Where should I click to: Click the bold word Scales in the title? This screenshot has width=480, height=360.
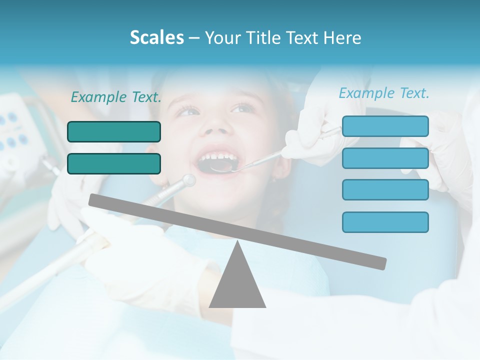click(157, 38)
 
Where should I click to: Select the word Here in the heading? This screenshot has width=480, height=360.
click(342, 38)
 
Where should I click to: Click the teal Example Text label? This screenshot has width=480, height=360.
click(116, 97)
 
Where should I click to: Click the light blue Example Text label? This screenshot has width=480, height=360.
click(384, 93)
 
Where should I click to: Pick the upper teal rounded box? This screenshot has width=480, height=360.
click(114, 131)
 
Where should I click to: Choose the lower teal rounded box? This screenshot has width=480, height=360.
click(114, 163)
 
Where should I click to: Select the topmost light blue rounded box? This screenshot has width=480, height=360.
click(385, 126)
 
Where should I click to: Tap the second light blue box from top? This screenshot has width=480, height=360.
click(385, 158)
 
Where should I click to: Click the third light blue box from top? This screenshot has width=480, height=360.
click(385, 190)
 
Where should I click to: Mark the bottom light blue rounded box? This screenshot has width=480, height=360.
click(385, 222)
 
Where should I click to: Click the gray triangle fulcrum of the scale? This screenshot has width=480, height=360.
click(237, 282)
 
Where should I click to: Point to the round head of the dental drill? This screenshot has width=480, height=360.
click(189, 180)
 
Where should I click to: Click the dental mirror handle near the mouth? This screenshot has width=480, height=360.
click(260, 159)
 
